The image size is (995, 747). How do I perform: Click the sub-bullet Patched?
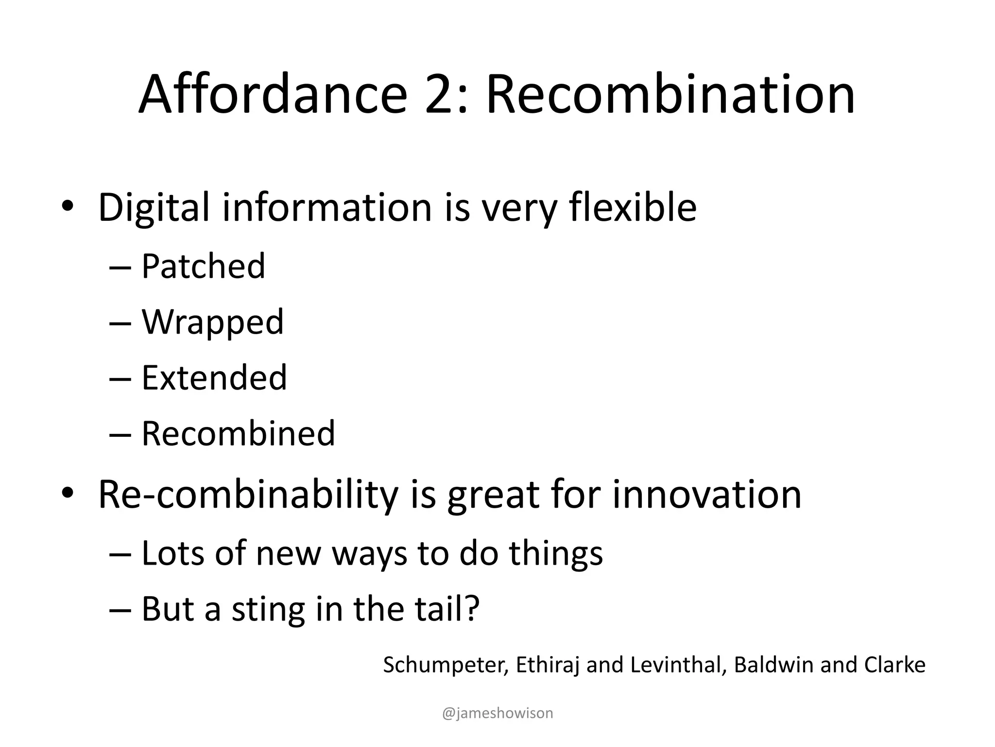203,267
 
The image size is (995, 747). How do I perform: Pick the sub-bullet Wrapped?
212,322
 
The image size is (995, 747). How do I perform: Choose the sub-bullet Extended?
214,378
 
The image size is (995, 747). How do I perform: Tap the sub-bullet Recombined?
238,433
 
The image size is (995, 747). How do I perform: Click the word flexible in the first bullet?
633,208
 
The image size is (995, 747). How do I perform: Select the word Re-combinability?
248,495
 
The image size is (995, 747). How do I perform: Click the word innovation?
706,495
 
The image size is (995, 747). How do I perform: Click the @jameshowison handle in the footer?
497,713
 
